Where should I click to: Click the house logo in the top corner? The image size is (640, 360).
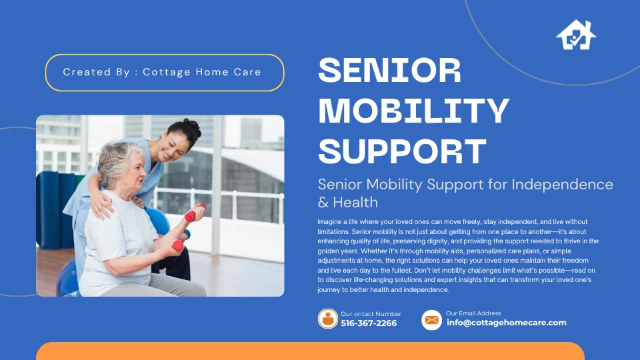point(576,35)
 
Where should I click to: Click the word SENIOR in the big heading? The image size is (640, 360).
point(390,71)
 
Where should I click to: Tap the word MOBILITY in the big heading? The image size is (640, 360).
point(413,111)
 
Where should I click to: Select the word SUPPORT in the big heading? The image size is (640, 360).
point(402,151)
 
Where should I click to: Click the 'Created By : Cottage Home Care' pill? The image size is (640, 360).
point(164,72)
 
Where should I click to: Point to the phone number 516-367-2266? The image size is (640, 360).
point(369,323)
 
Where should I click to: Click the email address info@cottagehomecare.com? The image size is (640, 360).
point(506,323)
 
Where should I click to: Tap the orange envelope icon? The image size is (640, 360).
point(431,320)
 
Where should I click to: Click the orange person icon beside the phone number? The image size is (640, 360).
point(328,319)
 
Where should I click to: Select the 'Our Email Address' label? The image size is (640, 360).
point(473,313)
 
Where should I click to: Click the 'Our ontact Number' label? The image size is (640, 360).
point(371,314)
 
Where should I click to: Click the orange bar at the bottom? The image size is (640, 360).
point(310,351)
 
